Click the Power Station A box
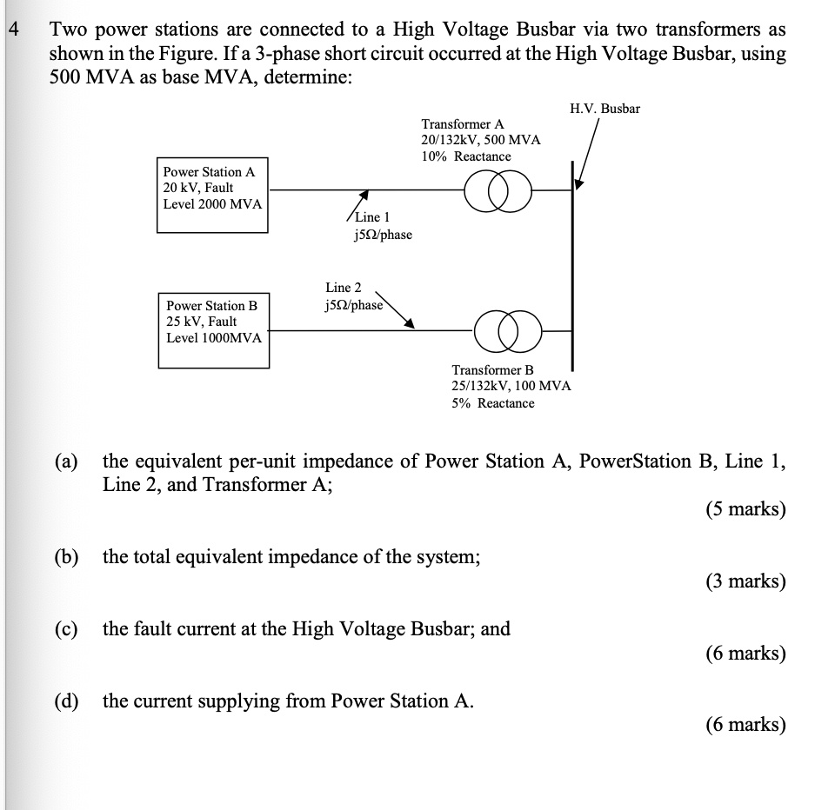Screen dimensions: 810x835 tap(212, 195)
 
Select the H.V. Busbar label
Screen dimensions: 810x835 tap(605, 109)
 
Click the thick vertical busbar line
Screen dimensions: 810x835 tap(572, 261)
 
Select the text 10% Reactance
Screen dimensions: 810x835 tap(466, 156)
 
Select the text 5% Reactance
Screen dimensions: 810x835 tap(493, 402)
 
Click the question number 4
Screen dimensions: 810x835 tap(12, 30)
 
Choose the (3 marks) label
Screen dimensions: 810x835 tap(745, 581)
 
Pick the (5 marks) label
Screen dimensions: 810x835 tap(745, 508)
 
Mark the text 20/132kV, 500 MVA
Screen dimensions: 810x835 tap(480, 140)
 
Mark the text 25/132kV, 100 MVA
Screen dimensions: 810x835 tap(511, 386)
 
